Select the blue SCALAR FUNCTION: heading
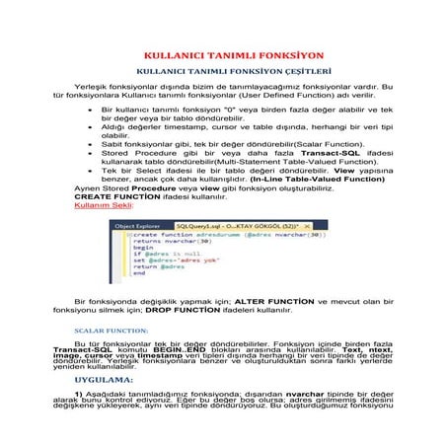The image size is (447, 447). point(112,331)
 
